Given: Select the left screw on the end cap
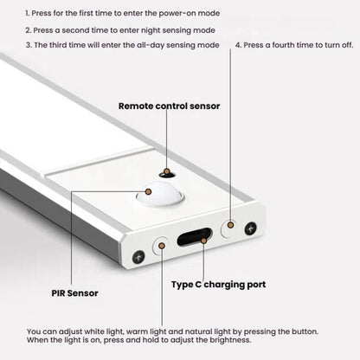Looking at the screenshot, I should (138, 256).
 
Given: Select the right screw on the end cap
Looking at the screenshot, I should (250, 228).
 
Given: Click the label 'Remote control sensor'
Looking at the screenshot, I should (170, 106).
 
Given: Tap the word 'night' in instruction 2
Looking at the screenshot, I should (120, 29).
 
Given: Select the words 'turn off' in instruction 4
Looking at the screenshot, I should (333, 44).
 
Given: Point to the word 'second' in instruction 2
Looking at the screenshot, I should (71, 29).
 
